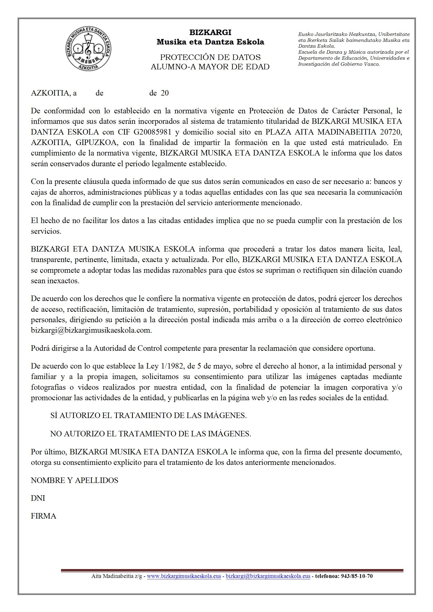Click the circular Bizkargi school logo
click(x=88, y=49)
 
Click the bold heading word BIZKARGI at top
click(x=210, y=32)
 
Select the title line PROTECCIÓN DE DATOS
click(x=210, y=57)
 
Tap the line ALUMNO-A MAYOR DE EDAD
click(x=210, y=67)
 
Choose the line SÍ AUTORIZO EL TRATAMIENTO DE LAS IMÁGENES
click(x=148, y=415)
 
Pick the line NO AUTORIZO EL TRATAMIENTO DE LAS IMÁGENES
click(x=150, y=434)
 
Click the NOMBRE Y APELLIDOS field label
click(x=74, y=480)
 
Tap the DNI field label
click(x=38, y=498)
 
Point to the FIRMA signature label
click(x=43, y=516)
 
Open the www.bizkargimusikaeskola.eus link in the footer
click(x=184, y=576)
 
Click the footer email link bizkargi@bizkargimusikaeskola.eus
click(x=268, y=576)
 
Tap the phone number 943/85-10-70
click(x=357, y=576)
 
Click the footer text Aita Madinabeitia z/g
click(x=117, y=576)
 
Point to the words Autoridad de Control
click(x=128, y=348)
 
